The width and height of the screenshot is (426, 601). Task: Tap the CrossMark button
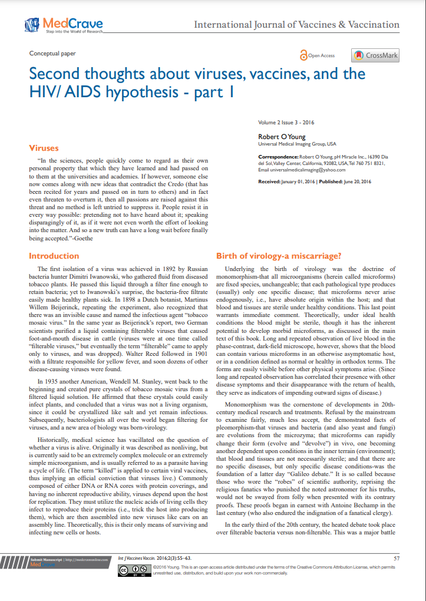coord(375,55)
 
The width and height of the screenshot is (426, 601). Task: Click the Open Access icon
coord(304,55)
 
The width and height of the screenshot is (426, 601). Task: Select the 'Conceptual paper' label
coord(52,54)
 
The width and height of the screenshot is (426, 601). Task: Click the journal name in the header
coord(296,25)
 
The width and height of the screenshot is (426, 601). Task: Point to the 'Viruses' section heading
coord(44,147)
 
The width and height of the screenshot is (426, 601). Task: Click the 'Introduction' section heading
coord(54,256)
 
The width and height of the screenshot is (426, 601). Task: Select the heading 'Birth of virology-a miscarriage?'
coord(278,256)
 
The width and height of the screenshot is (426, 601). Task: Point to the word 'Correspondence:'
coord(278,157)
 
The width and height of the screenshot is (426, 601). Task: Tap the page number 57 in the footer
coord(396,557)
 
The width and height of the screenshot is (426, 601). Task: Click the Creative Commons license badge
coord(133,571)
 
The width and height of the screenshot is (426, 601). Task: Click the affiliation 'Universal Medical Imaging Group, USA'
coord(297,144)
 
